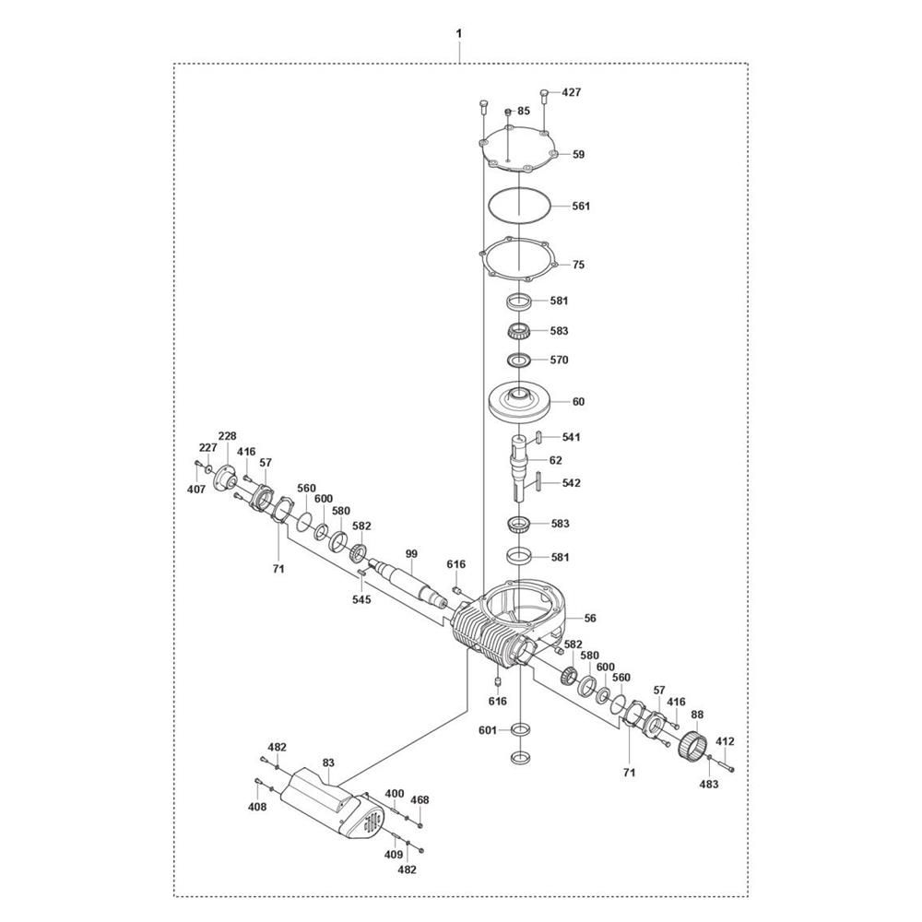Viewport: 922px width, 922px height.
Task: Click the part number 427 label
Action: tap(573, 93)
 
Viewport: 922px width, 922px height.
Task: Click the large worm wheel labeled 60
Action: tap(522, 404)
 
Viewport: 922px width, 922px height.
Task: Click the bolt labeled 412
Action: tap(726, 740)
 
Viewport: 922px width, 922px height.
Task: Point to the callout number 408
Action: tap(257, 807)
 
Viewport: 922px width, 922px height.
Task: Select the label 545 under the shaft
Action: tap(362, 599)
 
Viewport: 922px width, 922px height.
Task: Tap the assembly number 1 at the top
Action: tap(458, 34)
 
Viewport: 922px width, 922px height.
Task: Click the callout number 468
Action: tap(420, 799)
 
